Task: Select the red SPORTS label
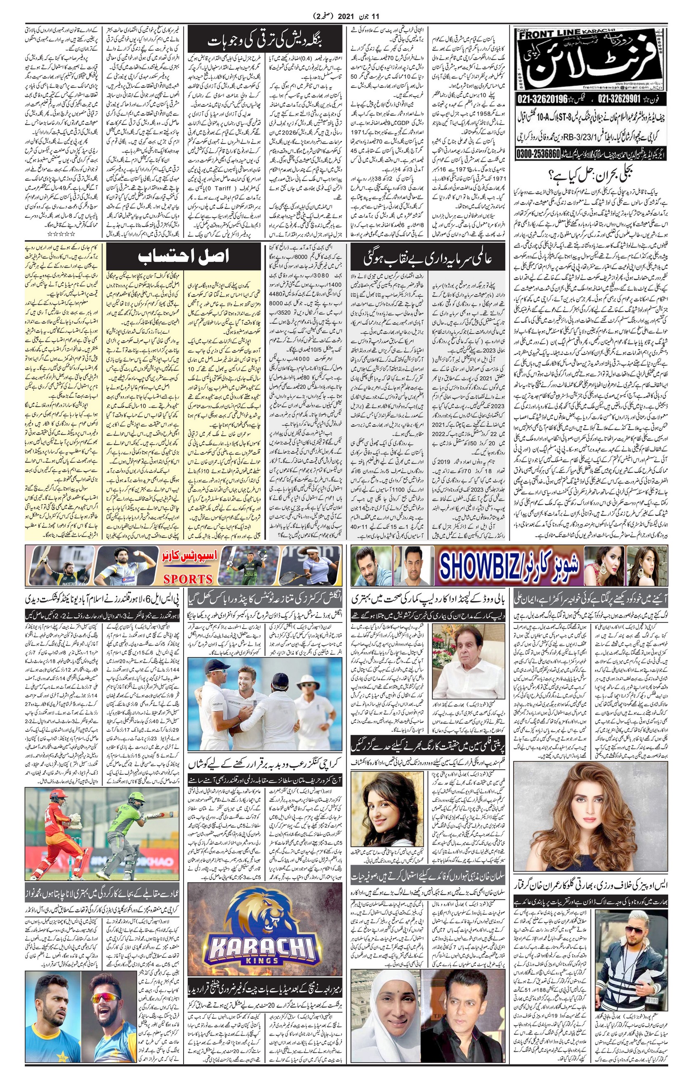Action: [x=188, y=578]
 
